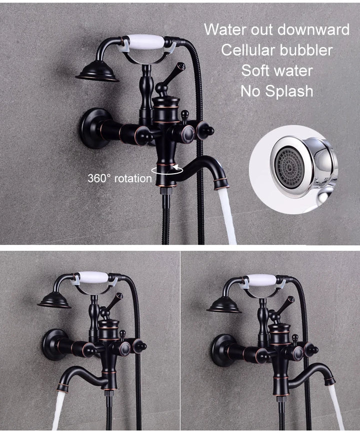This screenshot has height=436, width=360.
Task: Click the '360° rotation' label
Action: point(119,178)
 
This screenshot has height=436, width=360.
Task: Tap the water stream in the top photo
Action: point(227,215)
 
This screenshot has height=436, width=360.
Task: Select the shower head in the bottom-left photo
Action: point(54,300)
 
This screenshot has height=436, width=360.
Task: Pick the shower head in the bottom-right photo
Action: point(224,303)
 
